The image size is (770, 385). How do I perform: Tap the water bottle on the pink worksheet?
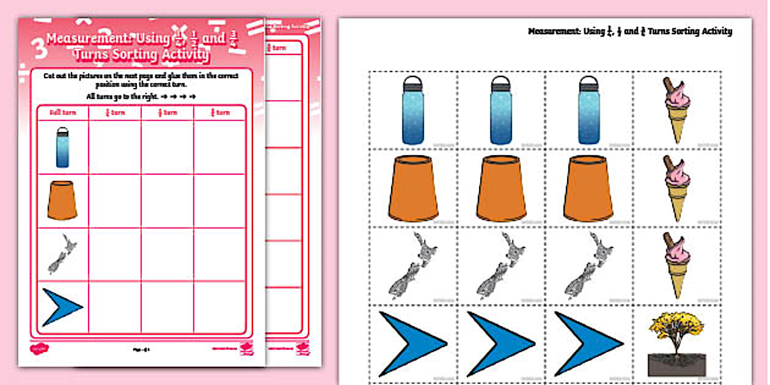coord(62,147)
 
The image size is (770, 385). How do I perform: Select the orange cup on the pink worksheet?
coord(62,200)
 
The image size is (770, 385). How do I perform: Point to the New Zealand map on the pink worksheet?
coord(62,254)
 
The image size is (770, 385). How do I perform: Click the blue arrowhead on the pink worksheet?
coord(62,307)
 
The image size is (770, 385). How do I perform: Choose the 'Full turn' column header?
coord(62,112)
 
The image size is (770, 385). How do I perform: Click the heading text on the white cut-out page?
coord(629,31)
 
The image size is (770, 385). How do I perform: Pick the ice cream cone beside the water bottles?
coord(676,110)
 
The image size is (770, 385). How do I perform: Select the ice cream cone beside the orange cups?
coord(676,188)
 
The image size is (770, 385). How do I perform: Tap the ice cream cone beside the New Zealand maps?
coord(676,265)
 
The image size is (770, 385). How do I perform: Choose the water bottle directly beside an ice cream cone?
coord(588,110)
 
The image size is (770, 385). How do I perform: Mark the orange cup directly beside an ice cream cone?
coord(588,188)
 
